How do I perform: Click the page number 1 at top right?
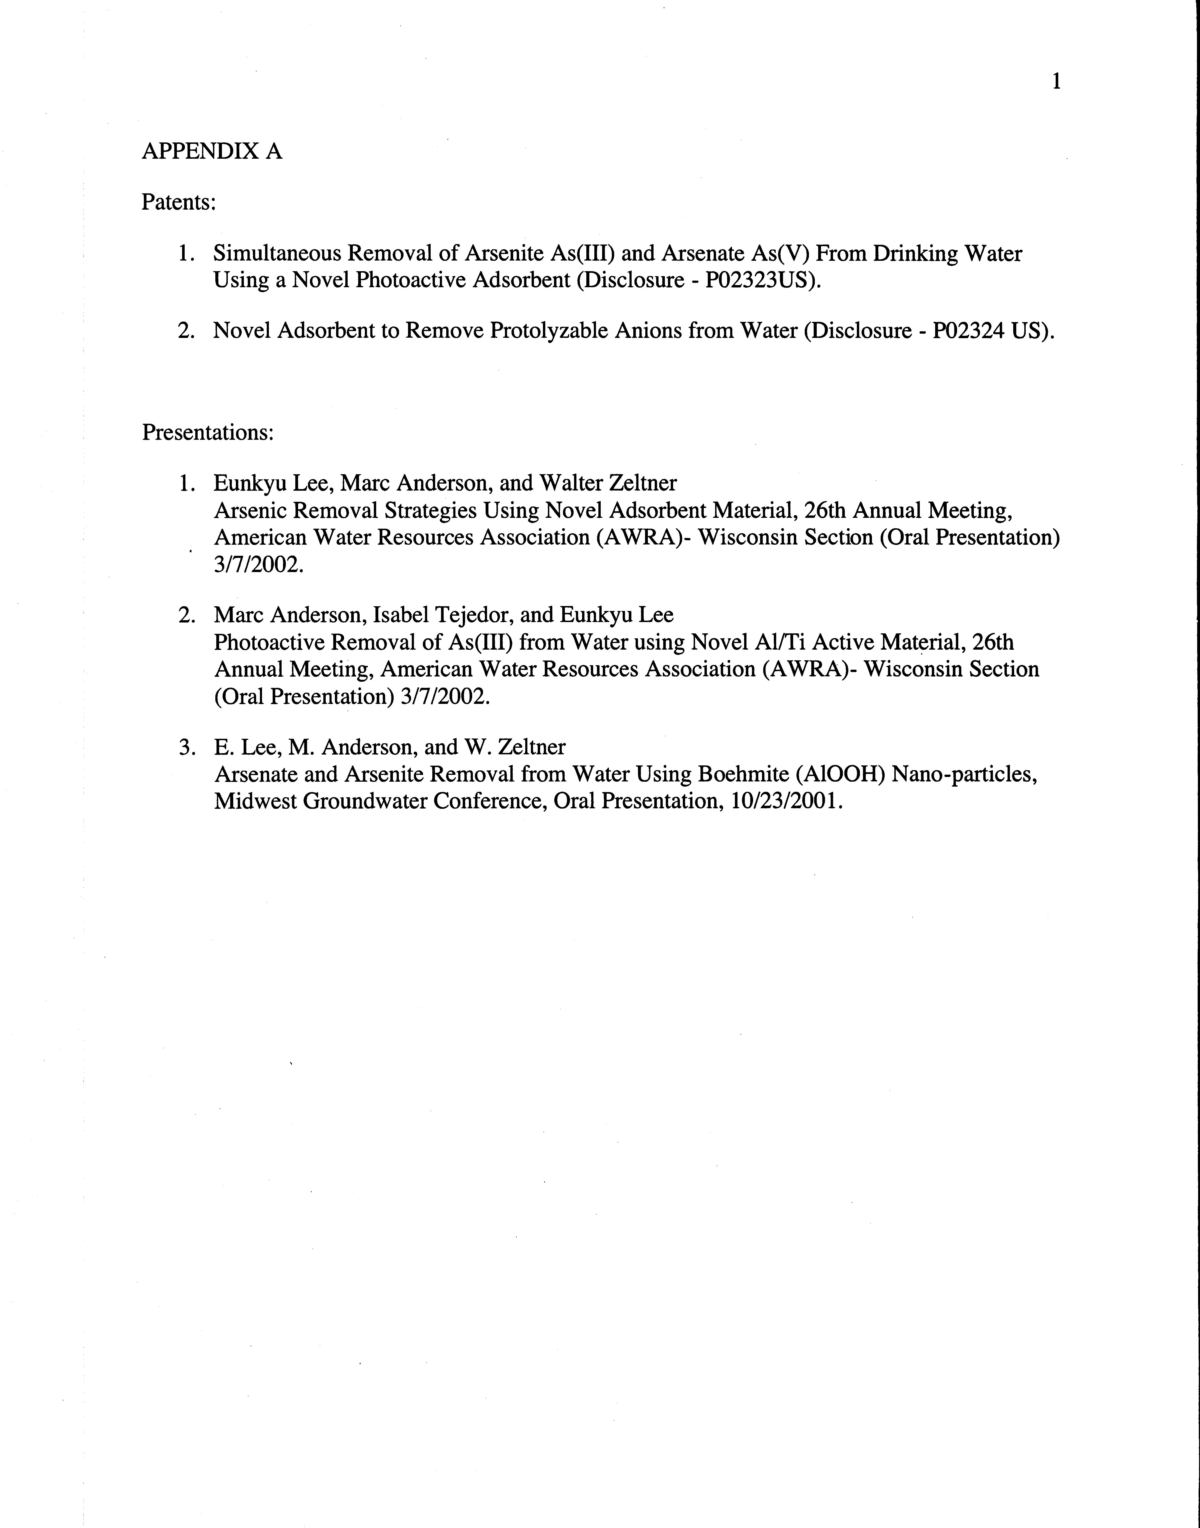pyautogui.click(x=1056, y=82)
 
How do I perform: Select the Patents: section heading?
pyautogui.click(x=179, y=202)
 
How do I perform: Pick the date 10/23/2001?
pyautogui.click(x=784, y=801)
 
